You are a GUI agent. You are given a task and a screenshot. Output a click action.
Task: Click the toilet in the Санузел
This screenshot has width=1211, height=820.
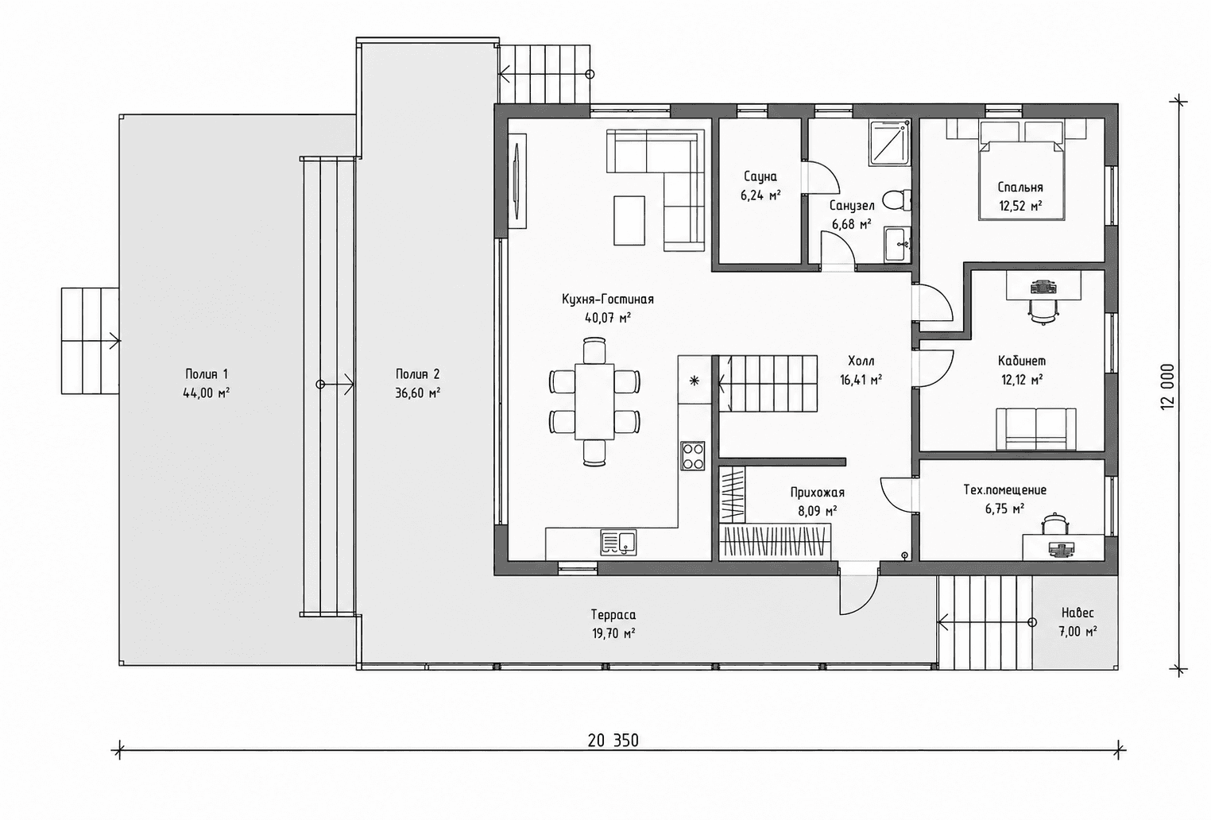point(899,200)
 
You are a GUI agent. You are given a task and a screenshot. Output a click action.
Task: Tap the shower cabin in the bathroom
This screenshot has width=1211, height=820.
point(890,143)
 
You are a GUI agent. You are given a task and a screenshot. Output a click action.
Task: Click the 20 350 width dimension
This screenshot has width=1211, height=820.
point(613,740)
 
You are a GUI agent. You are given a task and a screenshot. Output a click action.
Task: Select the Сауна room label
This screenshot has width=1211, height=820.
point(760,176)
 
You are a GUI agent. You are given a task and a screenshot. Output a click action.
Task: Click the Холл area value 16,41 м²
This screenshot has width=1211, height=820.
point(861,380)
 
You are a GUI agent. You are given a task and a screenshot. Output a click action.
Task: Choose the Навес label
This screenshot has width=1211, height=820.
point(1078,613)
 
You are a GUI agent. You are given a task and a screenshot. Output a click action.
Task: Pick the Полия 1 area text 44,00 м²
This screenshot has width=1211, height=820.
point(206,393)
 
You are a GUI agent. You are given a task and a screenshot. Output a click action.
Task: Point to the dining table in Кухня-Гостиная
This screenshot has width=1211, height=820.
point(594,401)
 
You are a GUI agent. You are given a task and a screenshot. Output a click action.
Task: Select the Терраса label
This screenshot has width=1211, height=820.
point(613,614)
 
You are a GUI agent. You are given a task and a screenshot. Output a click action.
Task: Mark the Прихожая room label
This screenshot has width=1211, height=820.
point(817,492)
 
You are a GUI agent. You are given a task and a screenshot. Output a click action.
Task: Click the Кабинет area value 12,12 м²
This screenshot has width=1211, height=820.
point(1022,380)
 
